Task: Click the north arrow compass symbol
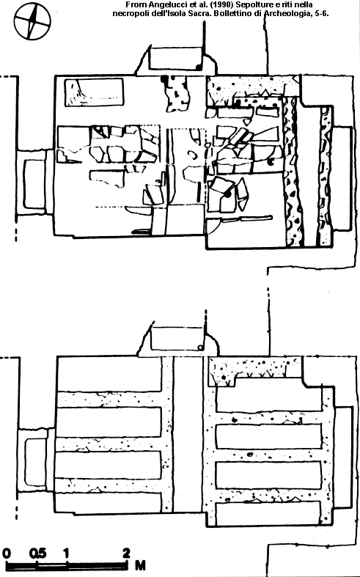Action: point(32,21)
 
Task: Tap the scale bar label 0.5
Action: point(38,553)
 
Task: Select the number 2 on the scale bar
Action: point(126,553)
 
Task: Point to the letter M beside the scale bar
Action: point(140,565)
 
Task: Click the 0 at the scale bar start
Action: point(7,553)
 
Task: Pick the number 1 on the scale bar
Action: point(66,553)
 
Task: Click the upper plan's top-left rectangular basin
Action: point(95,92)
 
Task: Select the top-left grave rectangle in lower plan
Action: point(109,374)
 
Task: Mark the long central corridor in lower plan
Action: point(188,434)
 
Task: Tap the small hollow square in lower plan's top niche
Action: point(200,348)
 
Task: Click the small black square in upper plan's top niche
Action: point(199,67)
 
